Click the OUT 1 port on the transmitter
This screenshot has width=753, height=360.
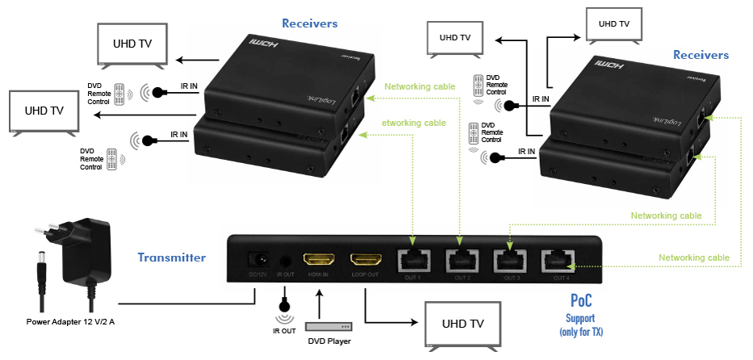pos(413,261)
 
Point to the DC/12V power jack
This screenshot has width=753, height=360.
pos(259,260)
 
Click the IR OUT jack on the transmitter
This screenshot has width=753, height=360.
pos(285,261)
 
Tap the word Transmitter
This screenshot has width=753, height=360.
pos(171,257)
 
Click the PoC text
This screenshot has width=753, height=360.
pos(580,301)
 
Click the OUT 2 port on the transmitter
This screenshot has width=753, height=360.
pos(461,261)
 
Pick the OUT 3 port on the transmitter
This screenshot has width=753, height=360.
pos(509,261)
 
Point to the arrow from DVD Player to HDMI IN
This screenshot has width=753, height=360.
pos(320,303)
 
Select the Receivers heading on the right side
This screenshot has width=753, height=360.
pos(701,55)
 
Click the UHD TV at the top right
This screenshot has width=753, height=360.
pos(613,25)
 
